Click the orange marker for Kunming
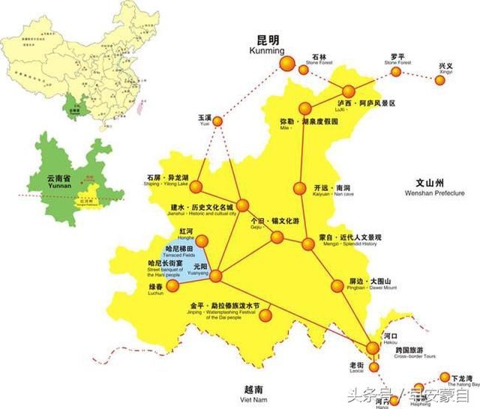pyautogui.click(x=286, y=65)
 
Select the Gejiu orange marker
pyautogui.click(x=277, y=237)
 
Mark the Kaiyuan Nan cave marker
pyautogui.click(x=300, y=188)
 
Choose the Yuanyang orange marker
pyautogui.click(x=216, y=277)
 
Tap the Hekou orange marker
pyautogui.click(x=373, y=348)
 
